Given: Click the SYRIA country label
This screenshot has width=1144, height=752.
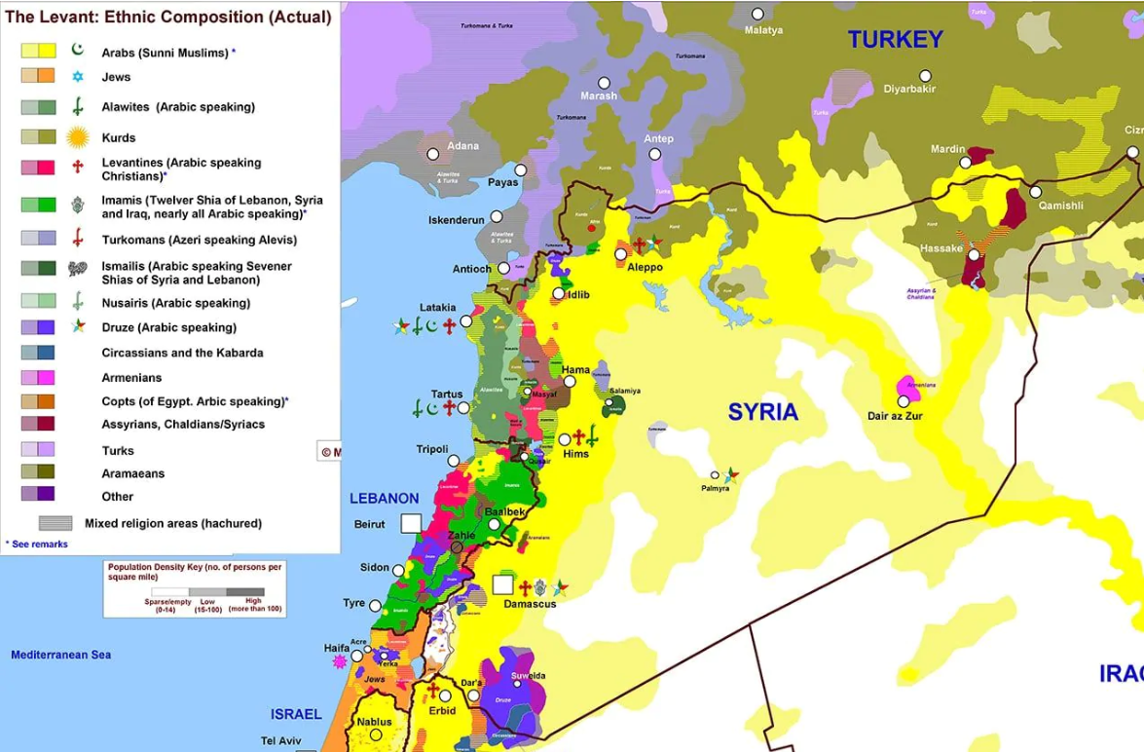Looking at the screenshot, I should tap(763, 412).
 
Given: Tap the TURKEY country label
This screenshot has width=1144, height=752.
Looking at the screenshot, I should tap(895, 40).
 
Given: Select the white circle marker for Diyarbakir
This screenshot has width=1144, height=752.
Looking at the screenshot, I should tap(925, 76).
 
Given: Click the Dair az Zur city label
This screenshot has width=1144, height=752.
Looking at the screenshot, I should tap(894, 416).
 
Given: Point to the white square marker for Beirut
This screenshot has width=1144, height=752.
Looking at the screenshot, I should tap(411, 523).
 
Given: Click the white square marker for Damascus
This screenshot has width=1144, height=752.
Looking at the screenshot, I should tap(502, 584).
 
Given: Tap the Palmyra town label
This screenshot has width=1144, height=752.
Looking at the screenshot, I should tap(715, 488).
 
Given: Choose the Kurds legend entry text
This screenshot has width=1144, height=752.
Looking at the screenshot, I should tap(119, 138).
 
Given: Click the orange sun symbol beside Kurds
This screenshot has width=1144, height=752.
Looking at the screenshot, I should tap(78, 137).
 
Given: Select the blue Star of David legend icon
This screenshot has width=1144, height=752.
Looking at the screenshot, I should tap(78, 76).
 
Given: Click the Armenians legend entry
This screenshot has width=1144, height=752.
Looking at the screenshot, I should tap(131, 377).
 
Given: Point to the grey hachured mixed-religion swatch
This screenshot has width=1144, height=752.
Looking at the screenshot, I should tap(55, 523).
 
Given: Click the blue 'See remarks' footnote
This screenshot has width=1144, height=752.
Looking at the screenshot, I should tap(37, 545).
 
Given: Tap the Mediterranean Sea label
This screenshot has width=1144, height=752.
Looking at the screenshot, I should tap(60, 655).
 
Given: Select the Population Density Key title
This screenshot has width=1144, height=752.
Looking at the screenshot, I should tap(195, 572).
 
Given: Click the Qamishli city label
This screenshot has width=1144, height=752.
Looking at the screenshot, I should tap(1060, 206).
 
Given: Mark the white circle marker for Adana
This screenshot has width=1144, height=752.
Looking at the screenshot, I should tap(433, 154).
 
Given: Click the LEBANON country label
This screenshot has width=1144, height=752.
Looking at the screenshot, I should tap(384, 498).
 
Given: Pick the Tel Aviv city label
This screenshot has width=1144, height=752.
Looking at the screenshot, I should tap(281, 741).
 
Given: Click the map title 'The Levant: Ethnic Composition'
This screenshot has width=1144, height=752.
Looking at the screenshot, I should tap(167, 17).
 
